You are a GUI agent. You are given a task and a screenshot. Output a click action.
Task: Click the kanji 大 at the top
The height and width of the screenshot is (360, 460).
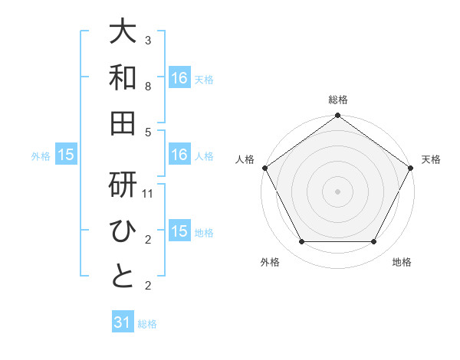click(123, 31)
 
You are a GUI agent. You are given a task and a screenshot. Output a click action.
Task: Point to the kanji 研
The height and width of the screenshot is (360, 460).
click(123, 186)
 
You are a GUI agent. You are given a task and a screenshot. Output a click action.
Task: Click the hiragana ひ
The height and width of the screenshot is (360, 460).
click(123, 231)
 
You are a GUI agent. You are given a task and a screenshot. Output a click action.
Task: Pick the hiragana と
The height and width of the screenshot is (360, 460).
click(123, 277)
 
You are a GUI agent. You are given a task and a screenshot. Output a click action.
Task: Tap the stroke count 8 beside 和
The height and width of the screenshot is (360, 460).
click(148, 87)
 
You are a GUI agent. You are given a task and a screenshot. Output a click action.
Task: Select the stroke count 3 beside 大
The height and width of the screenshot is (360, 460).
click(148, 40)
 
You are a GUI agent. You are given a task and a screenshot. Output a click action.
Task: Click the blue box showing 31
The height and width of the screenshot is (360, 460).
click(123, 322)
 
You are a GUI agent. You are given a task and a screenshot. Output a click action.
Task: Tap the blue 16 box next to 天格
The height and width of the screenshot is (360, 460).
click(179, 77)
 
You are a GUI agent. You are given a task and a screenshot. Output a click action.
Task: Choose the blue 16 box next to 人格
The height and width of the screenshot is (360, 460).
click(179, 155)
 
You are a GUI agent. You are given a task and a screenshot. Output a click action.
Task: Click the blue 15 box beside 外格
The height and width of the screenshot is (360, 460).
click(66, 155)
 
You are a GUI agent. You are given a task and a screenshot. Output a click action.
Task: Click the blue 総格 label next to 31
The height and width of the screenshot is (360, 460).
click(147, 324)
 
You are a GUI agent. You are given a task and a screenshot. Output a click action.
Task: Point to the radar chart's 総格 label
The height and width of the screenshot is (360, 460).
click(337, 100)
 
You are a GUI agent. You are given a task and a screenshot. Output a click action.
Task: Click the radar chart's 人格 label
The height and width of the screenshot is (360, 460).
click(245, 159)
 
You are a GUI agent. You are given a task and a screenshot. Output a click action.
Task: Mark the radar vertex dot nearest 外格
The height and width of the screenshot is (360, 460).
click(301, 242)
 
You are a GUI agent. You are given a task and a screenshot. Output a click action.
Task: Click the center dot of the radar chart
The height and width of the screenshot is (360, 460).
click(337, 191)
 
